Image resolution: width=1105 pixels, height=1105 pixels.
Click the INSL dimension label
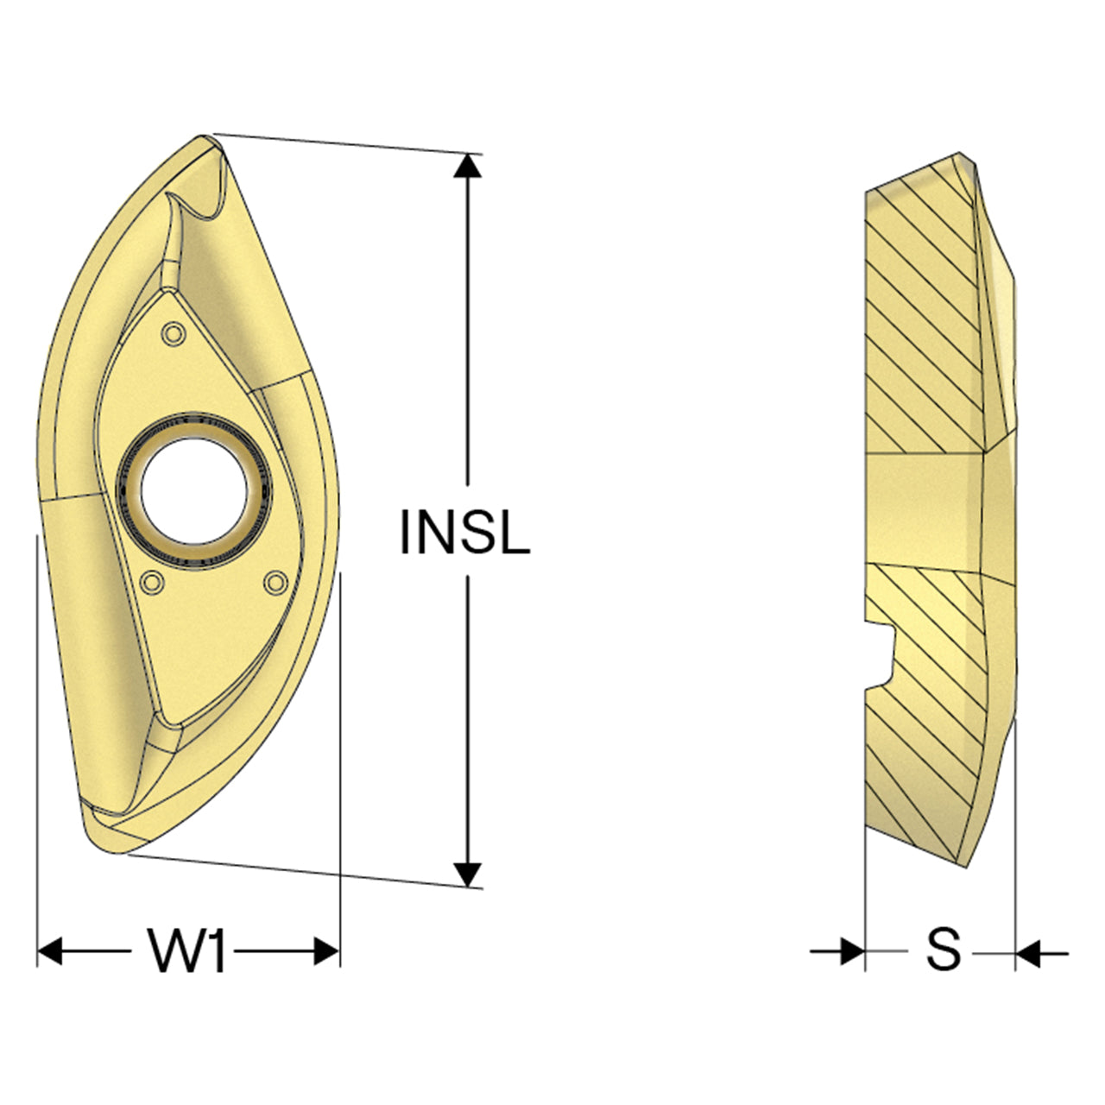coord(464,532)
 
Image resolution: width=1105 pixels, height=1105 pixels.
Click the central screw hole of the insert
coord(194,491)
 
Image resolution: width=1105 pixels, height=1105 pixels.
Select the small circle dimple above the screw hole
coord(174,333)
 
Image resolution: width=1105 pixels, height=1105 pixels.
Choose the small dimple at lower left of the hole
coord(152,583)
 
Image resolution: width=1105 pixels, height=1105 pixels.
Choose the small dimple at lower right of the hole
coord(275,583)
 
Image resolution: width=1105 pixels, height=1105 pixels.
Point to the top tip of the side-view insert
coord(959,153)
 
